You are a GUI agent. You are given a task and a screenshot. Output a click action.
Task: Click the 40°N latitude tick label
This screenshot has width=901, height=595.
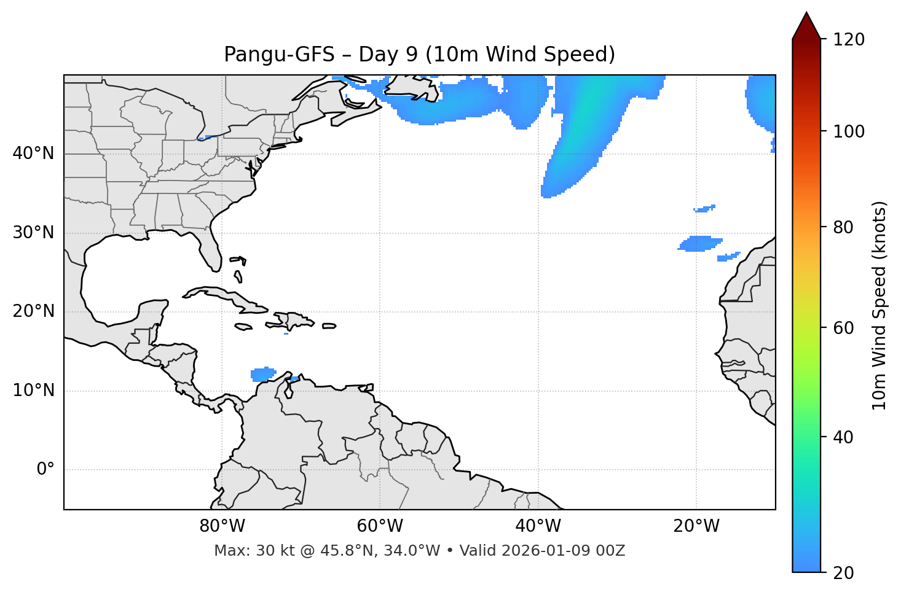[33, 154]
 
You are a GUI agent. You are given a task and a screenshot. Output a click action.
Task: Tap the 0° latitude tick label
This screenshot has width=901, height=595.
[45, 470]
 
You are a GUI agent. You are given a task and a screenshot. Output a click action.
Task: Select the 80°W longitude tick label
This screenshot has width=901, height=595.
[222, 526]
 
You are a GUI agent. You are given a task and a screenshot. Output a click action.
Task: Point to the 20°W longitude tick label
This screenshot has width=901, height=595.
[696, 526]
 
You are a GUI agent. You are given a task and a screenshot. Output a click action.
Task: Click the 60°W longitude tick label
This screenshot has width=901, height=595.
[380, 526]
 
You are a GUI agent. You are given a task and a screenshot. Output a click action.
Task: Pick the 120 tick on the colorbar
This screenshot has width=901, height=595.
[849, 40]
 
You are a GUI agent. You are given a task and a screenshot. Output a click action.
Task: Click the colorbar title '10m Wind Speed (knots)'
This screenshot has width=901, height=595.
[879, 305]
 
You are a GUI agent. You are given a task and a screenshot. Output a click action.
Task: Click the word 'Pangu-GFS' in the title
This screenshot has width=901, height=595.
[276, 55]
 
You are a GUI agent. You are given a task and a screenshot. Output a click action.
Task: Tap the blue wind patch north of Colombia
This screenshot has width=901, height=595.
[263, 374]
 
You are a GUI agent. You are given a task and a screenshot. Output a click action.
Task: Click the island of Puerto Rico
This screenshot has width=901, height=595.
[329, 326]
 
